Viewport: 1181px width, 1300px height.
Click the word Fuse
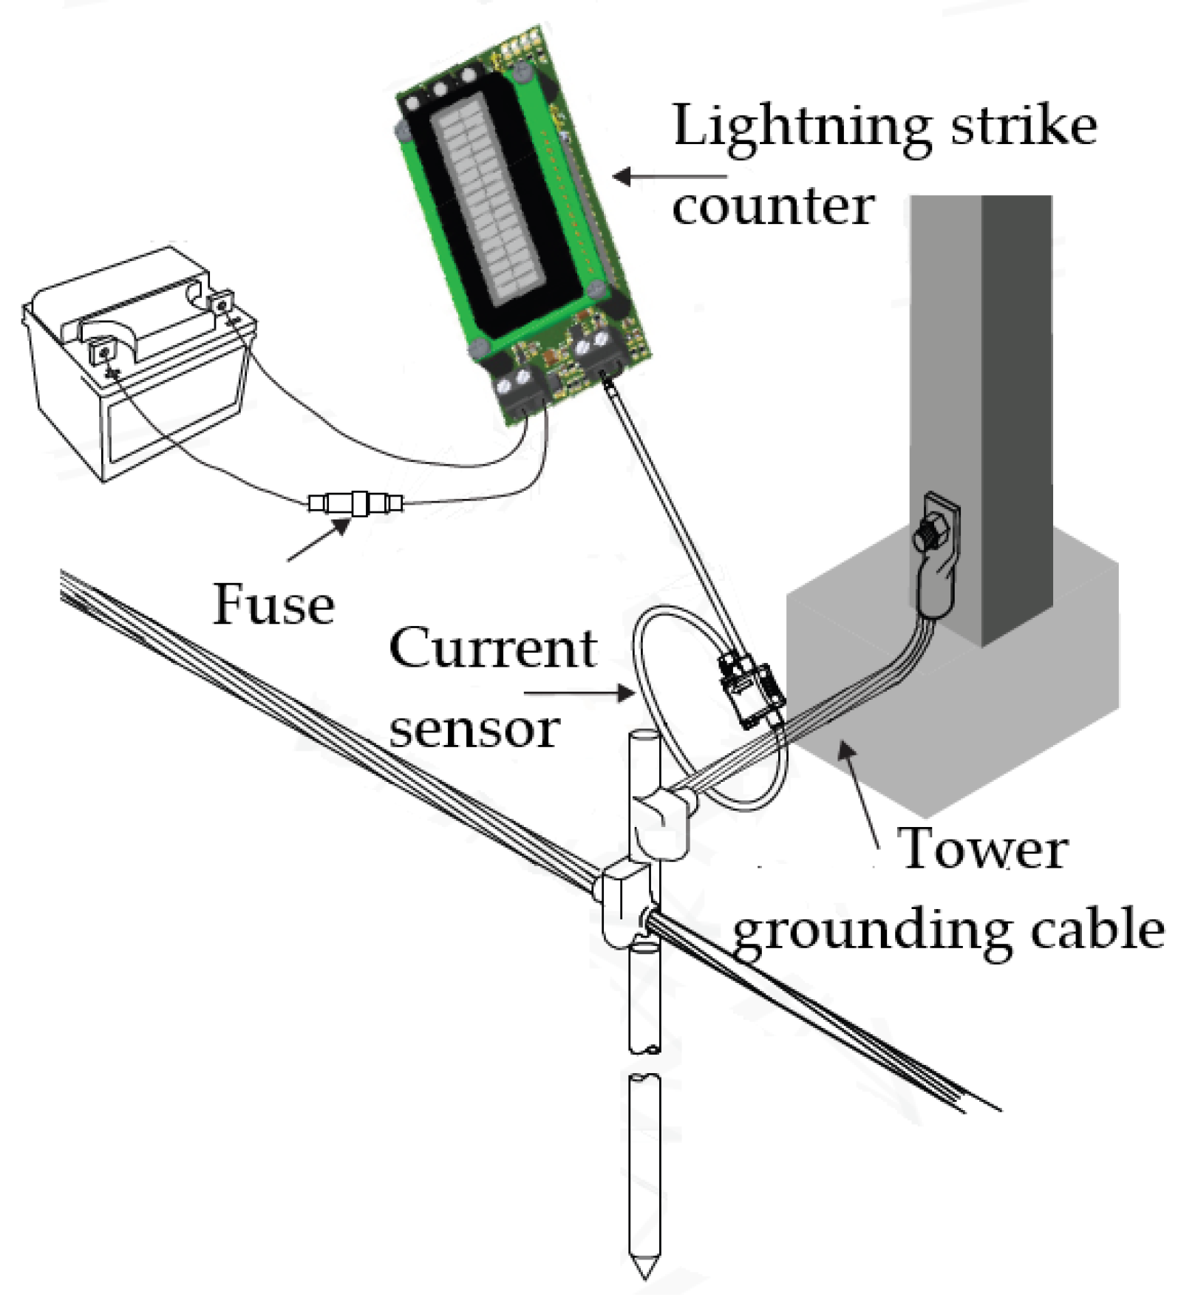coord(273,604)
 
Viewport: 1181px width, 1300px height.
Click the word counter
coord(773,206)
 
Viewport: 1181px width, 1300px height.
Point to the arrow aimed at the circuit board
coord(669,177)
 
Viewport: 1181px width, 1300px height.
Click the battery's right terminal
coord(220,302)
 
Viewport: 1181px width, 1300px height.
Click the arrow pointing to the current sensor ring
coord(579,693)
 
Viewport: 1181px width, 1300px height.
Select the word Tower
coord(982,848)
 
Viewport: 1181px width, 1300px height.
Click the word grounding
coord(871,931)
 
